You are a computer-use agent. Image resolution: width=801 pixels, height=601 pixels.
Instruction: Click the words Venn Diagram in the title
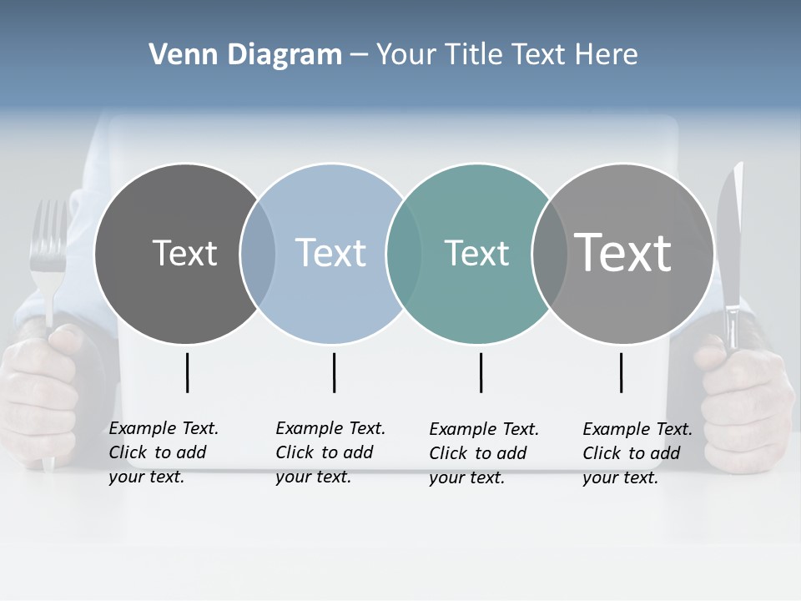click(245, 55)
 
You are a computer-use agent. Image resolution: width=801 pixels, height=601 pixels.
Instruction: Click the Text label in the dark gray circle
click(184, 253)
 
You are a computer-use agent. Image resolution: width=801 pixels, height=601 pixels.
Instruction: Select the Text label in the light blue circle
click(331, 253)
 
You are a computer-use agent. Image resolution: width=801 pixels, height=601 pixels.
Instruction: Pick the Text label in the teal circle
click(476, 253)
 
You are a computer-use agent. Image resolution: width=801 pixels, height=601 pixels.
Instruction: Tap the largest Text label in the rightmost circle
click(623, 252)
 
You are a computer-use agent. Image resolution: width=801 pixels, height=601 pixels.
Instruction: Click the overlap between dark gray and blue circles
click(258, 254)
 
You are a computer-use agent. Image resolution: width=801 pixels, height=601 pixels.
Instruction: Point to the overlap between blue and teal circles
click(405, 254)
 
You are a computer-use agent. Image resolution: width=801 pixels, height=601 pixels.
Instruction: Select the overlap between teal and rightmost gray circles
click(549, 254)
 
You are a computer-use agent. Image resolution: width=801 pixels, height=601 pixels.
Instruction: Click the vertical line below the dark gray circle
click(188, 372)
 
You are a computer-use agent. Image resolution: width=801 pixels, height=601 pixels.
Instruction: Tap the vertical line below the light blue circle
click(334, 372)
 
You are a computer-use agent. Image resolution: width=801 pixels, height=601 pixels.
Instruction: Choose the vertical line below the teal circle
click(481, 372)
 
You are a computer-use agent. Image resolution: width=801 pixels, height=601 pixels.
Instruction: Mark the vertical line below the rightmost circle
click(621, 372)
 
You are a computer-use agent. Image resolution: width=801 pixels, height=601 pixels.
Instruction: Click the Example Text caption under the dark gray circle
click(163, 452)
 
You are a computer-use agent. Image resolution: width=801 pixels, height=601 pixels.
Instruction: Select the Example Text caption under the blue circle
click(330, 452)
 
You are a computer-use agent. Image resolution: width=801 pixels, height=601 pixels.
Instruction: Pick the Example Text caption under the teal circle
click(483, 453)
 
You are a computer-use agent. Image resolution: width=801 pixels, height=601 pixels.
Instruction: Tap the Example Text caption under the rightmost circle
click(637, 453)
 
